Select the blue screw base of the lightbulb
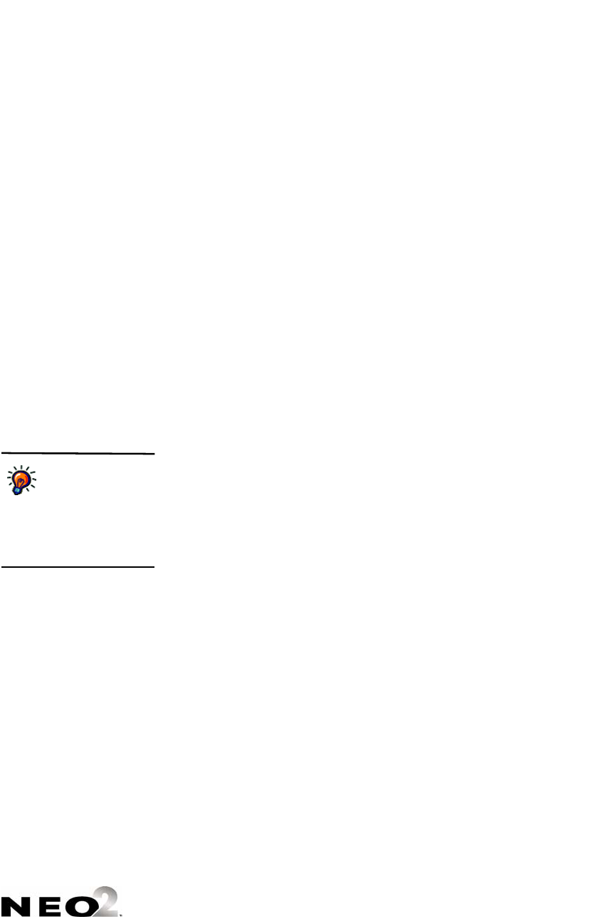point(16,490)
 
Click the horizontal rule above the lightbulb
point(77,453)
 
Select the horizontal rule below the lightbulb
point(77,567)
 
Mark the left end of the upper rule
point(1,453)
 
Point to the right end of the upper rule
point(153,453)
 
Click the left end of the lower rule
point(1,567)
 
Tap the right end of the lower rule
point(153,567)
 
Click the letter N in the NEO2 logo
point(13,905)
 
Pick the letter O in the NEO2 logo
point(76,905)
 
